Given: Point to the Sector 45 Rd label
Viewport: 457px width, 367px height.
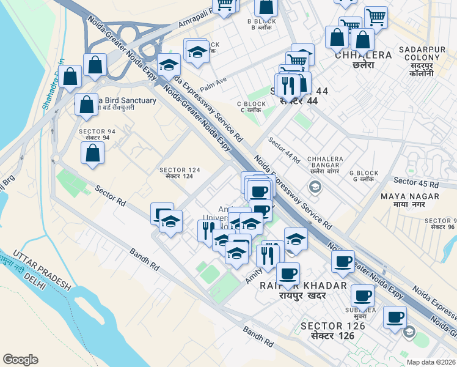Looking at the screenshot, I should pyautogui.click(x=416, y=182).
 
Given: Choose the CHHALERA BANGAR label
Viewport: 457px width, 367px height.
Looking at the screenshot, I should pyautogui.click(x=324, y=166).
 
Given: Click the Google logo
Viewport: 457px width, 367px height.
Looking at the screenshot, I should pyautogui.click(x=20, y=360).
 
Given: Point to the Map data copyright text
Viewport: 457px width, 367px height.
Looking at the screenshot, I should pyautogui.click(x=430, y=362).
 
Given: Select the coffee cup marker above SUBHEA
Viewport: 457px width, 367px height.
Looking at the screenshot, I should pyautogui.click(x=363, y=295).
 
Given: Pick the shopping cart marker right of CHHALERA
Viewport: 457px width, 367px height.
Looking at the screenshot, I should pyautogui.click(x=375, y=17).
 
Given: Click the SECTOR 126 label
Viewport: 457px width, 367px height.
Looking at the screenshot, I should pyautogui.click(x=333, y=330).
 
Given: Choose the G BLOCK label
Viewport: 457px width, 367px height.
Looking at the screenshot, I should pyautogui.click(x=362, y=176).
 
